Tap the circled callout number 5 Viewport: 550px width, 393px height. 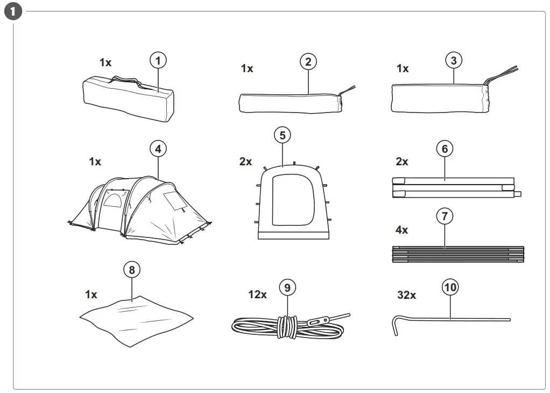283,135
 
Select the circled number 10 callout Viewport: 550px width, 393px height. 450,288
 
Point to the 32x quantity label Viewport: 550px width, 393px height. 406,295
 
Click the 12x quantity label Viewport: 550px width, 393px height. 257,294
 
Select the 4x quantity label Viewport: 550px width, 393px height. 401,230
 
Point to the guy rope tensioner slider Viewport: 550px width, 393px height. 316,322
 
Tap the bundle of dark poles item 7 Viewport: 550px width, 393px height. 457,254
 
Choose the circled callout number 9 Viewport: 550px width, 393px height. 287,288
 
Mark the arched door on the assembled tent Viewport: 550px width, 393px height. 112,201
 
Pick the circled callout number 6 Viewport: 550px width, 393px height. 445,149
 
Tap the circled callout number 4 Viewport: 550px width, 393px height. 158,149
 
